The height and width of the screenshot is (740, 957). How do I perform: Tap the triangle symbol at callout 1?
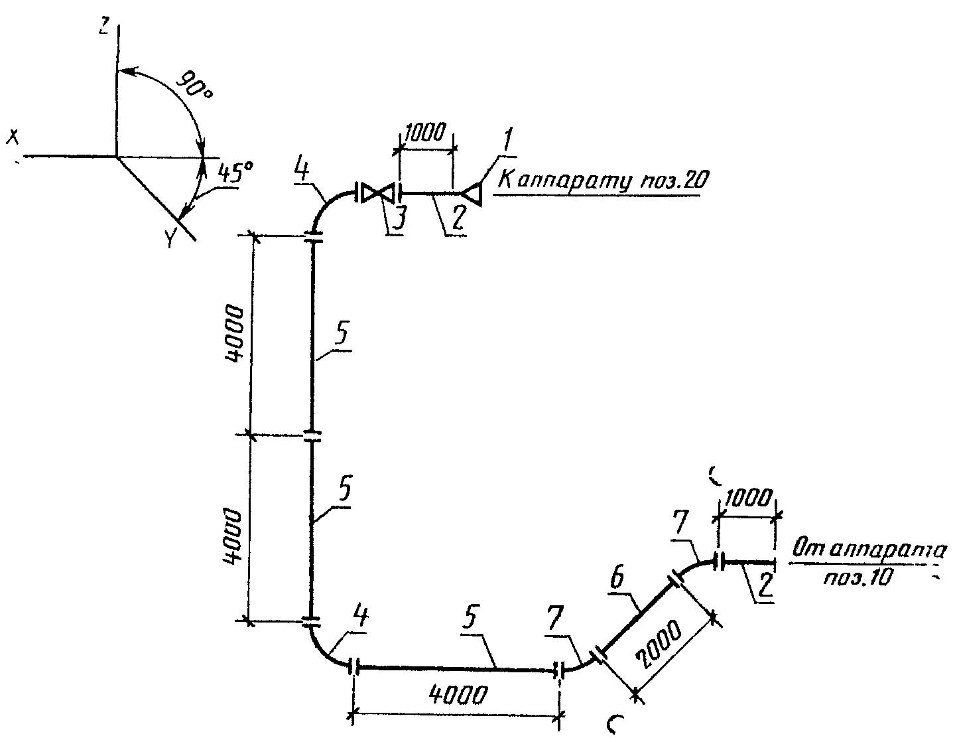coord(473,193)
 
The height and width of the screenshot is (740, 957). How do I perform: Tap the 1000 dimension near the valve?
coord(425,131)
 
